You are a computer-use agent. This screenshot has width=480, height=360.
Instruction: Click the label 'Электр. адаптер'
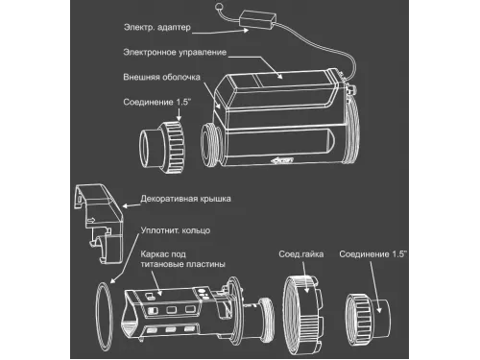(157, 28)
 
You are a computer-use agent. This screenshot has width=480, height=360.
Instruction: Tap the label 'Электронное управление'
(175, 53)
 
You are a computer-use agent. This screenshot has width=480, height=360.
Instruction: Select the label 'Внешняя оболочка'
(161, 77)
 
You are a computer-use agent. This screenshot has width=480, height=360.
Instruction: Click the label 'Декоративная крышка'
(185, 199)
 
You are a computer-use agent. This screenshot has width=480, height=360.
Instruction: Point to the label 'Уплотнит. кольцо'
(176, 230)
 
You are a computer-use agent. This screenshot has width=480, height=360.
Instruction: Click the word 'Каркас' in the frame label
(153, 254)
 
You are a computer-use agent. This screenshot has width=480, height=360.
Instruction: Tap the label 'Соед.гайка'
(300, 254)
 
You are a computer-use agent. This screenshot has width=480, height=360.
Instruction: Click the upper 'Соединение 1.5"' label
(156, 102)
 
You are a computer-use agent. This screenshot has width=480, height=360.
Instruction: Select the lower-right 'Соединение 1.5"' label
(372, 254)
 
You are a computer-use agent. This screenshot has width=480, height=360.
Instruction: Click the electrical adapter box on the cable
(258, 19)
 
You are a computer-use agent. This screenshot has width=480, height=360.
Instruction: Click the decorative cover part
(98, 223)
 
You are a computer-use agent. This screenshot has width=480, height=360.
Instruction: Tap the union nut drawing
(303, 315)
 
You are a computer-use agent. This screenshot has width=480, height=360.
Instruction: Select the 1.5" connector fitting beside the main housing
(162, 147)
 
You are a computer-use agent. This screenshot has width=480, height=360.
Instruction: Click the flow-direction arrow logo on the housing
(282, 160)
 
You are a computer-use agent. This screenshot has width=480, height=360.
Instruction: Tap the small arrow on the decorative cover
(91, 220)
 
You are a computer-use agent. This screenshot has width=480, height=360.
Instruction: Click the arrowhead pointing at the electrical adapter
(246, 30)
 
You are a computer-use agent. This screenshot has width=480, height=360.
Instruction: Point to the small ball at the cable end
(219, 6)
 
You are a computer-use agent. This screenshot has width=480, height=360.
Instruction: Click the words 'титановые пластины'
(183, 264)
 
